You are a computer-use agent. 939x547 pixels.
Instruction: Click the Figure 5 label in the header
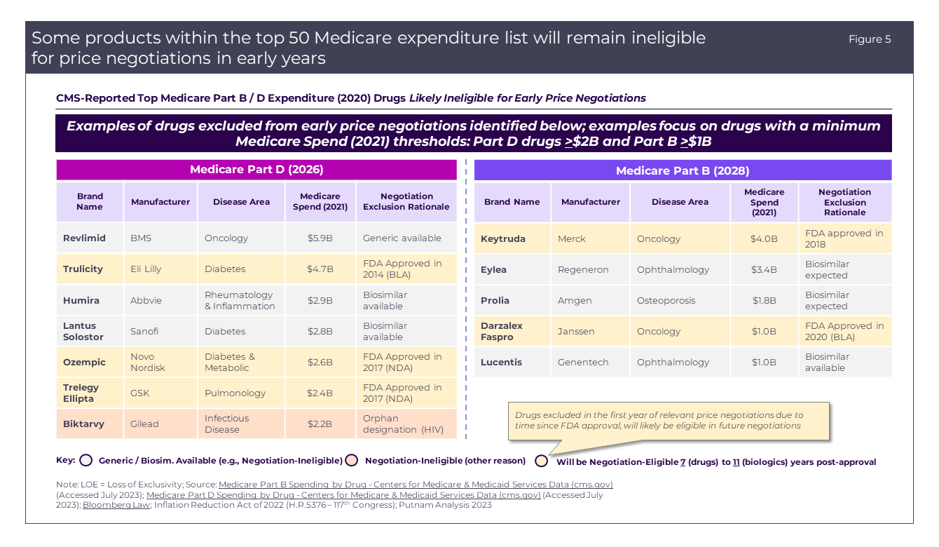click(x=870, y=39)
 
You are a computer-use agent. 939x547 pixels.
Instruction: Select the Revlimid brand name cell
click(x=84, y=238)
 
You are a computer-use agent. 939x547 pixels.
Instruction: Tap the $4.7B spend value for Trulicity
click(x=320, y=269)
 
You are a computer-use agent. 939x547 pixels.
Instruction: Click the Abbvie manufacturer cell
click(x=146, y=300)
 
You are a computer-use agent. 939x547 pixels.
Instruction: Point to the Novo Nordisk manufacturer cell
click(x=148, y=362)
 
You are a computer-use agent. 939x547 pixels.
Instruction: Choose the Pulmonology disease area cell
click(x=235, y=393)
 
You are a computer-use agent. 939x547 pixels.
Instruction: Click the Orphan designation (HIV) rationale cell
click(x=404, y=424)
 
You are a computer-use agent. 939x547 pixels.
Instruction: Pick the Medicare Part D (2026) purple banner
click(x=256, y=170)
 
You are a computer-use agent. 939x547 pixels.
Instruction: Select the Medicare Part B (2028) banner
click(x=683, y=170)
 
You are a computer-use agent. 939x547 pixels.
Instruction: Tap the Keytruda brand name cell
click(x=502, y=239)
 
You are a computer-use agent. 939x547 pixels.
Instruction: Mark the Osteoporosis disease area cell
click(x=666, y=301)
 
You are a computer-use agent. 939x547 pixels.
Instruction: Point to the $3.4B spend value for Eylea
click(x=764, y=270)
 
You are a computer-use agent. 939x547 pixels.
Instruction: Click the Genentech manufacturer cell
click(x=583, y=363)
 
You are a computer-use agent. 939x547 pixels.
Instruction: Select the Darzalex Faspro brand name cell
click(x=502, y=331)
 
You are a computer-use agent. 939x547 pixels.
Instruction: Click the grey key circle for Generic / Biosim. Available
click(x=86, y=461)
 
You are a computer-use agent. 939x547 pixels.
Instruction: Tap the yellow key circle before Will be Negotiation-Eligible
click(x=541, y=461)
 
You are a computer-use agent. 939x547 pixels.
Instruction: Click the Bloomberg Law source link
click(x=116, y=505)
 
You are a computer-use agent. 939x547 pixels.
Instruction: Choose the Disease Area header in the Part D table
click(x=241, y=202)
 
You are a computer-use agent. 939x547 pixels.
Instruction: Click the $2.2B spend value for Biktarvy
click(x=320, y=424)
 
